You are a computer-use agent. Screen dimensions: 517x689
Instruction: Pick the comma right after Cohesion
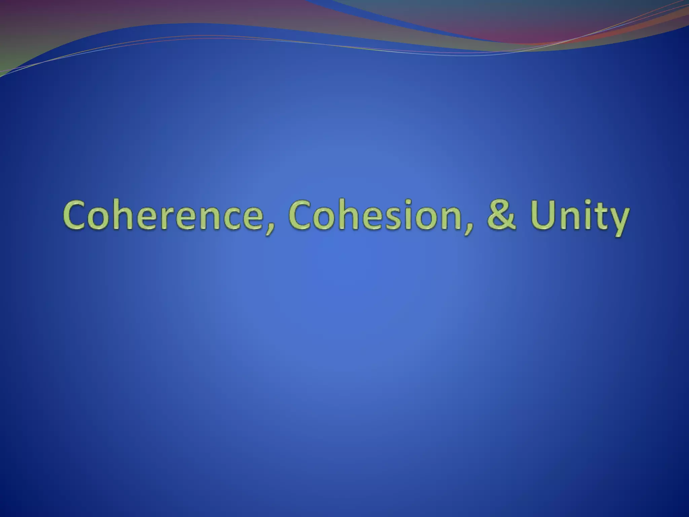click(x=466, y=229)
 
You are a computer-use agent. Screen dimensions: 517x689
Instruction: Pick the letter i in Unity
click(x=586, y=215)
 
